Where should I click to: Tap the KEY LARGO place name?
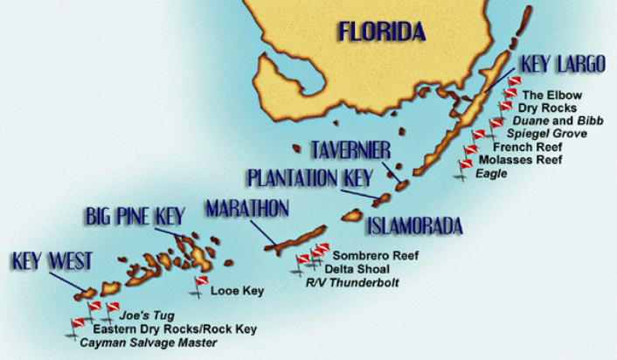coord(559,64)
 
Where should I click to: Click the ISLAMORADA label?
coord(413,225)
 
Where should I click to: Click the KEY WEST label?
coord(51,261)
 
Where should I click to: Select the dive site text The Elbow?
coord(552,94)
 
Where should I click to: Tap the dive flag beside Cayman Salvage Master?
coord(78,327)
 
